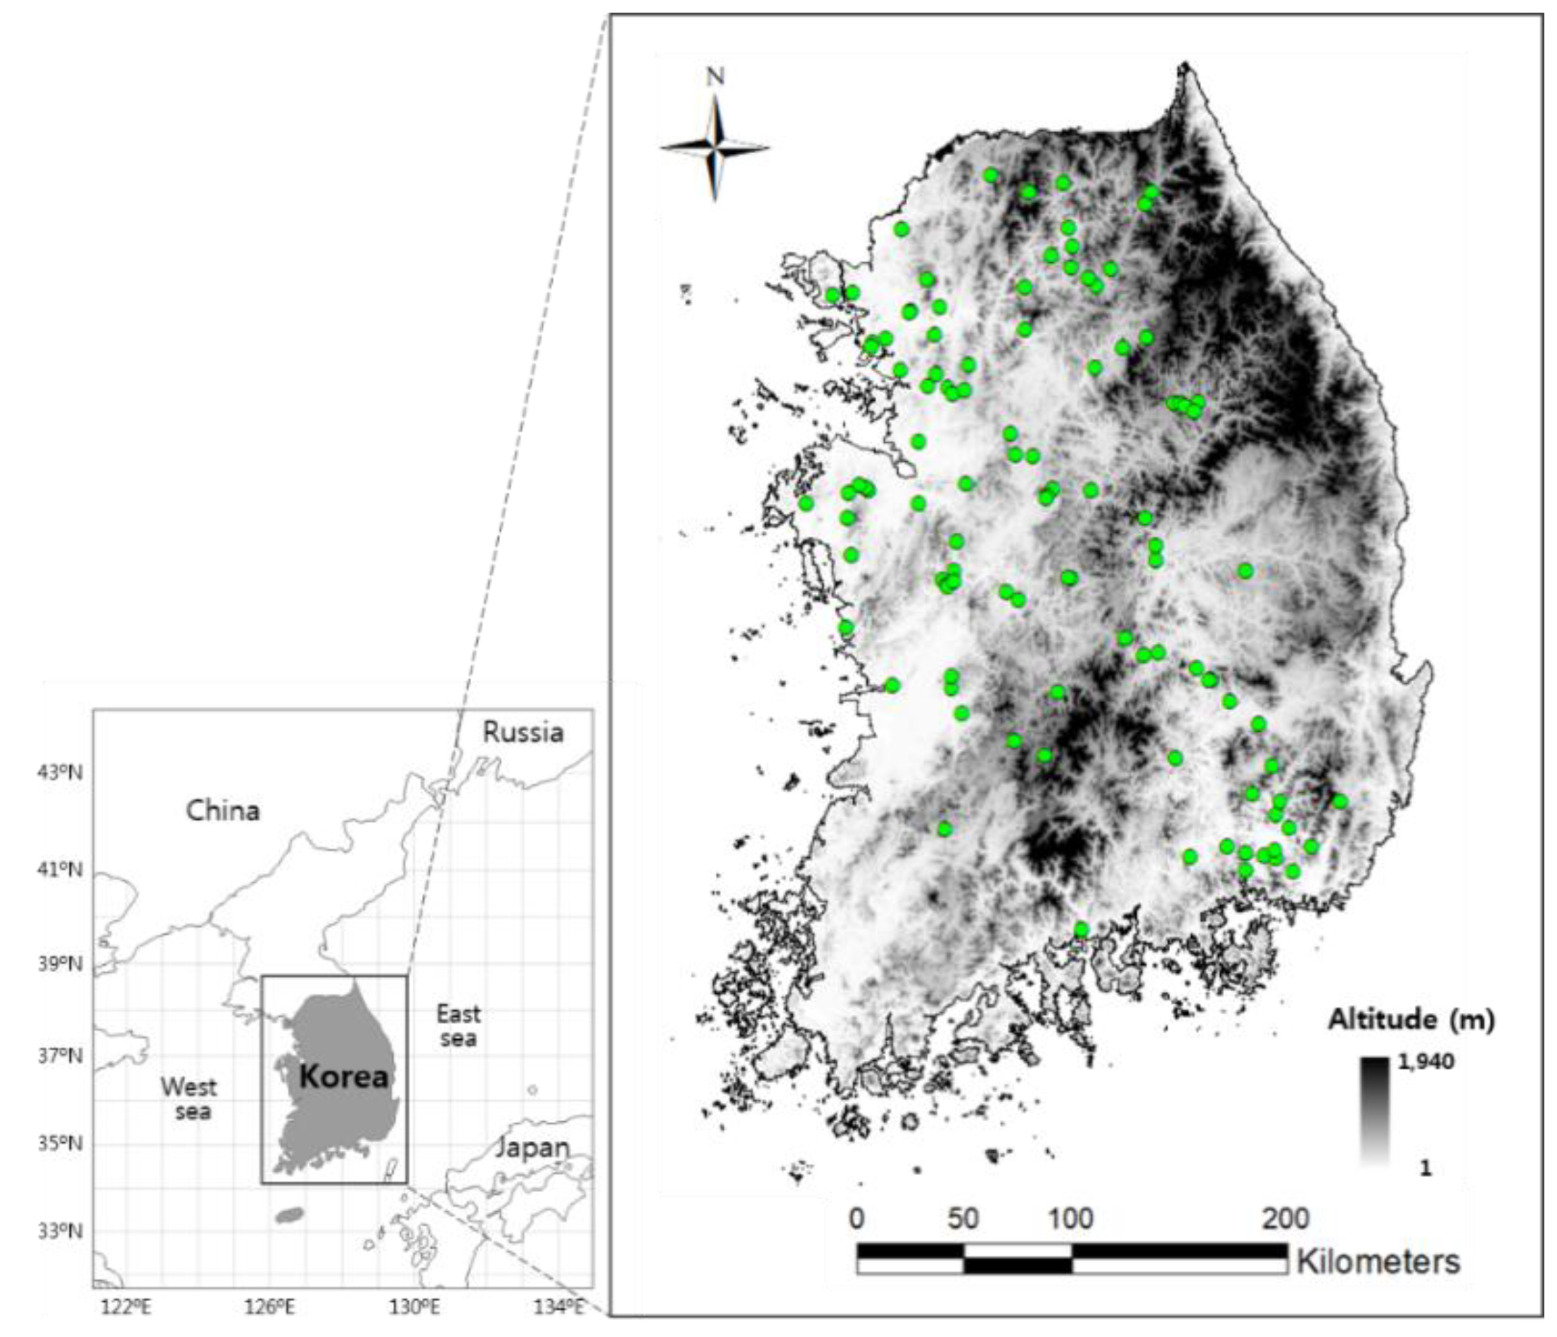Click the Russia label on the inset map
pos(523,732)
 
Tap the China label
pos(223,810)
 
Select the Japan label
pos(533,1148)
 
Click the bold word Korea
pos(344,1077)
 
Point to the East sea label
pos(459,1026)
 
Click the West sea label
pos(188,1099)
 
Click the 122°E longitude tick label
pos(127,1307)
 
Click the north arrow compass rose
pos(715,147)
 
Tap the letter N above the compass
pos(715,77)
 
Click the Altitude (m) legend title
pos(1411,1019)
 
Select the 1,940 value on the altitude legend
pos(1425,1061)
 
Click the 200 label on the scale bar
pos(1286,1218)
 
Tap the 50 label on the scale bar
pos(963,1218)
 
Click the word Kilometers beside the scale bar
pos(1378,1262)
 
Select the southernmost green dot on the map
pos(1082,930)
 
